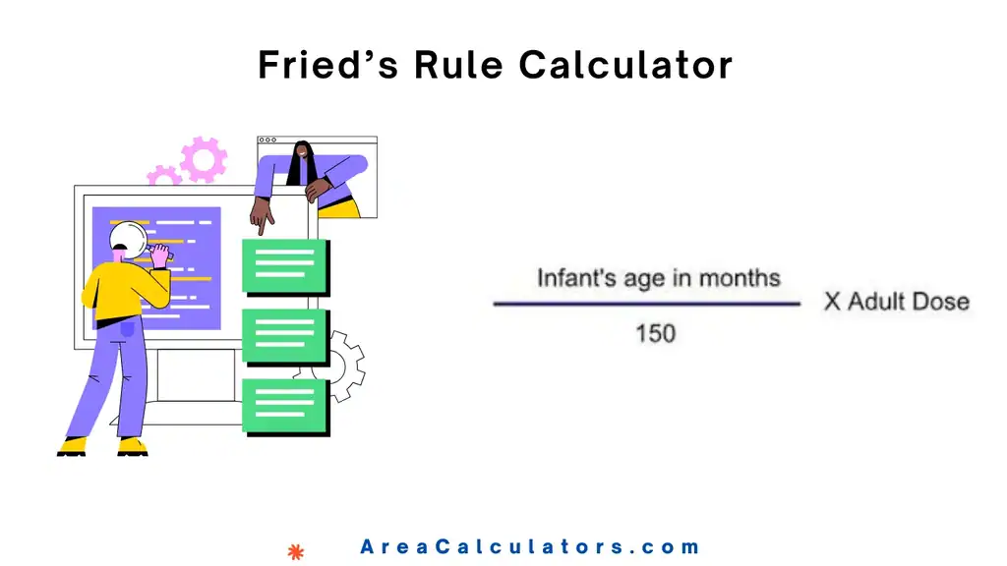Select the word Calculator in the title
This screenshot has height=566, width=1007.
coord(625,65)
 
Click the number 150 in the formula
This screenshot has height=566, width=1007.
coord(655,333)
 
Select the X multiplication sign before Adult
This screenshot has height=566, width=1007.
coord(832,302)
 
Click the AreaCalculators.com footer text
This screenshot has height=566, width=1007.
coord(530,547)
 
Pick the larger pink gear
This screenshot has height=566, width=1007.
coord(204,159)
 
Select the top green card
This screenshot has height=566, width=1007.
coord(284,266)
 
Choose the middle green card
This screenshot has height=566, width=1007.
coord(284,336)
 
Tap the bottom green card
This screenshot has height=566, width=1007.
coord(284,406)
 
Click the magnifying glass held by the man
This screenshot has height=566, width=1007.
coord(127,238)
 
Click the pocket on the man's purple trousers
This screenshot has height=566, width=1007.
coord(127,331)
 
